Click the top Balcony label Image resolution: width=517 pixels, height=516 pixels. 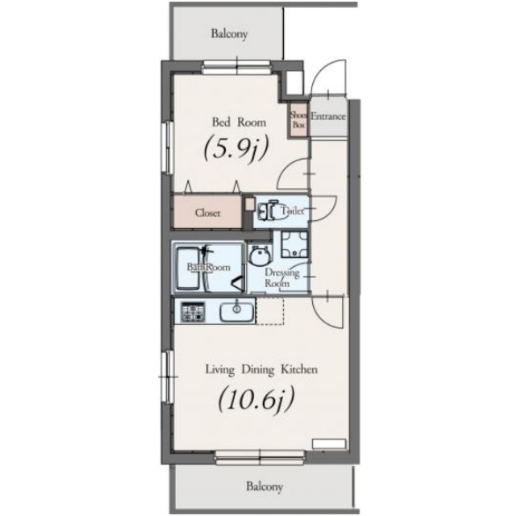coord(229,34)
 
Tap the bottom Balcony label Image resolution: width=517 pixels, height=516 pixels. coord(265,487)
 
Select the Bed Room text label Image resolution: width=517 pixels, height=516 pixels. coord(239,123)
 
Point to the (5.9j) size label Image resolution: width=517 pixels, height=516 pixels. coord(236,149)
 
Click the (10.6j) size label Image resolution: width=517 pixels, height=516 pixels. coord(256,399)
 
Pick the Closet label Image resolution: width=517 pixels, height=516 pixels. coord(207,213)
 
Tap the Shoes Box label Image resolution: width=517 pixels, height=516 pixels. coord(298,120)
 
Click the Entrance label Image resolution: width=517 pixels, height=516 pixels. coord(328,116)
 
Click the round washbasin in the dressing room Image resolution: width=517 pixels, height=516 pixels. coord(260,256)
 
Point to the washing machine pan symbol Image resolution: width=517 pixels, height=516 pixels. coord(294,244)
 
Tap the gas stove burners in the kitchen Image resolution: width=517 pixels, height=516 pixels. coord(193,312)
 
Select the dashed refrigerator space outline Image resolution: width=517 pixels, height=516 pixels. coord(269,311)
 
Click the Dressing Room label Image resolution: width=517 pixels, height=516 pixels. coord(281,278)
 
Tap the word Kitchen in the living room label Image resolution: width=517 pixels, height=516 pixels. coord(299,369)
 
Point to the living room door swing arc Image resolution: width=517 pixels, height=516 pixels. coord(319,318)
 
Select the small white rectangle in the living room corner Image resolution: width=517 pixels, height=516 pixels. coord(329,443)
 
